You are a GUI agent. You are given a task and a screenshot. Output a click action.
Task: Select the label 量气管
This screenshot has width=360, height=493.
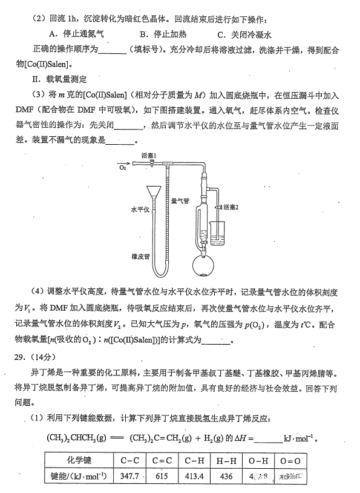tap(180, 199)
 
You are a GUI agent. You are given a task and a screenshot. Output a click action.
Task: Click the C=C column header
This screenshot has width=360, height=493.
tap(162, 460)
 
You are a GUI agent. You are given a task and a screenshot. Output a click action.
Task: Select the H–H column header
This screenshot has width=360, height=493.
tap(226, 460)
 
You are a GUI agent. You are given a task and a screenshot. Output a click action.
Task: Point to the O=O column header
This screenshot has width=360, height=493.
tap(290, 460)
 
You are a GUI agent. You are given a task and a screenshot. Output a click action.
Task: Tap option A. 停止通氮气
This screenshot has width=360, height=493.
tap(76, 35)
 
